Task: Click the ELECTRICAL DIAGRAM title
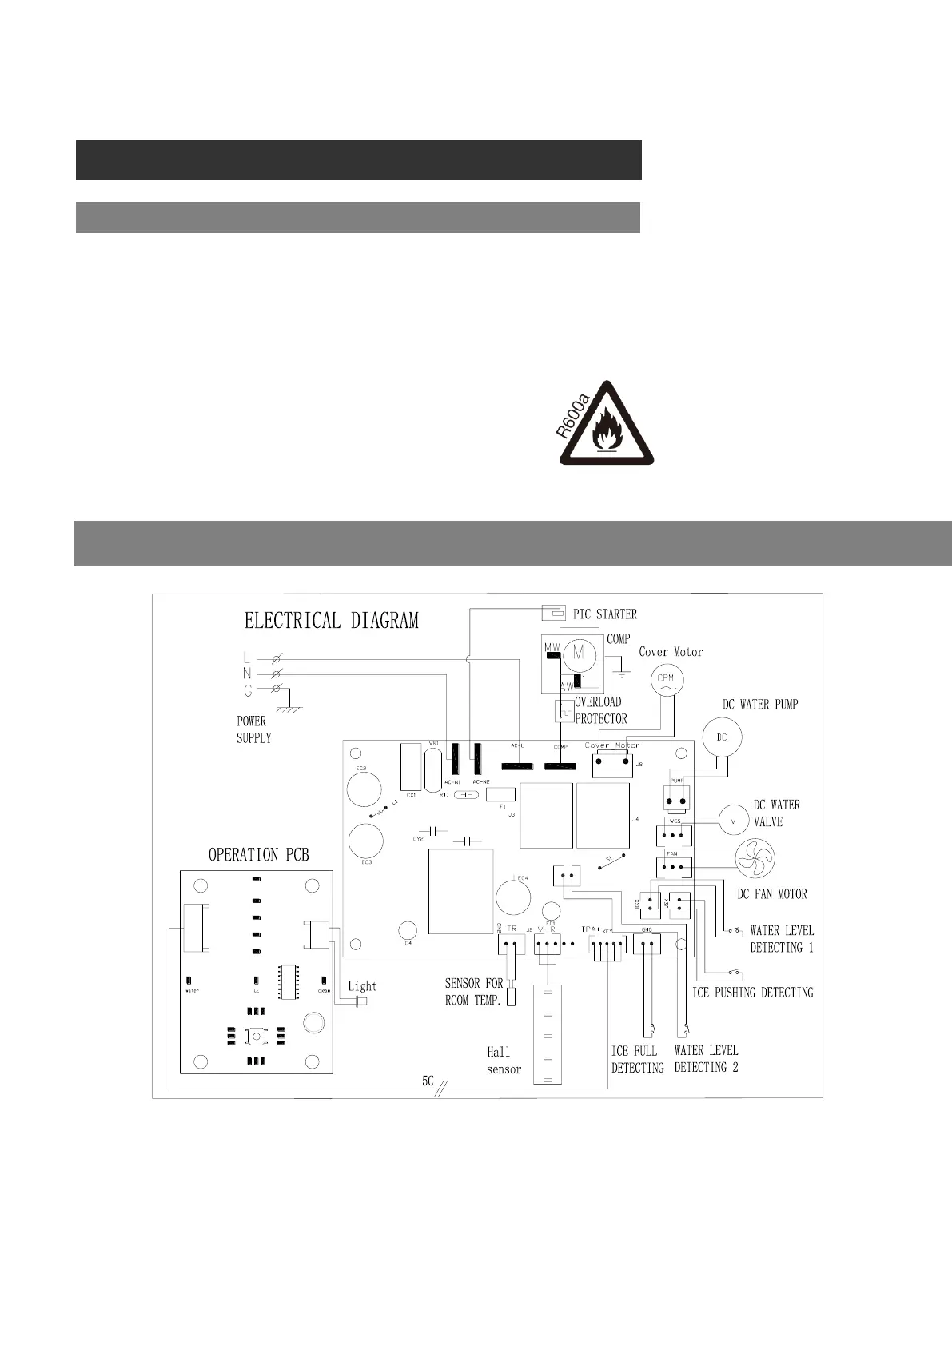coord(331,621)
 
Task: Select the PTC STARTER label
coord(605,614)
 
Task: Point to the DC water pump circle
coord(722,737)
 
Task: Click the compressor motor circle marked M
coord(579,653)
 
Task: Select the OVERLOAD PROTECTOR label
coord(600,710)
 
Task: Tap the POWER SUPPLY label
coord(253,729)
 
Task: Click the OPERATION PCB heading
coord(258,855)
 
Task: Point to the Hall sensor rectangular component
coord(548,1036)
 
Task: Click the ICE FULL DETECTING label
coord(637,1060)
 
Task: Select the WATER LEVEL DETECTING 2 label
coord(706,1059)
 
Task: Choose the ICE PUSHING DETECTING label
coord(752,993)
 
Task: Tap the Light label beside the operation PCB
coord(362,986)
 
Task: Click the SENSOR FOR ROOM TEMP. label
coord(473,992)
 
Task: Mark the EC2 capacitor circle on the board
coord(364,789)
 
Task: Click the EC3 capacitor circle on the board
coord(365,840)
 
